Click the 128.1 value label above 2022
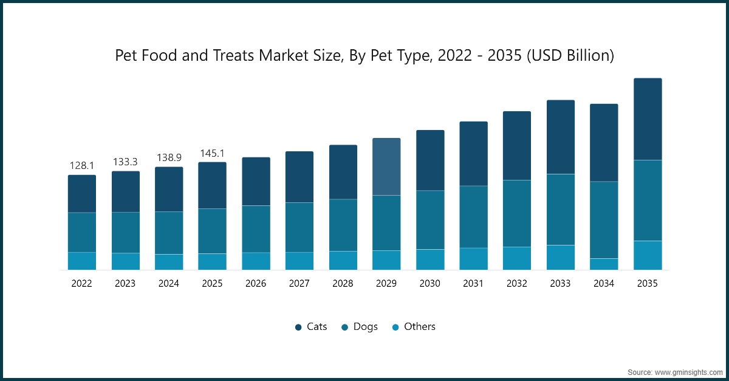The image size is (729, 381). [x=82, y=165]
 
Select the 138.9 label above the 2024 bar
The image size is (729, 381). [x=169, y=157]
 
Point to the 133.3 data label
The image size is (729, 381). [x=125, y=162]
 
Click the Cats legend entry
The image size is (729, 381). [x=310, y=327]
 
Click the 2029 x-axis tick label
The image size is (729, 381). [x=386, y=284]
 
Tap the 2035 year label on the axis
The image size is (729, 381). [x=648, y=284]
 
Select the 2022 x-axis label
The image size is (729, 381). [x=82, y=284]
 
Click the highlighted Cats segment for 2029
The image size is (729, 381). [x=386, y=166]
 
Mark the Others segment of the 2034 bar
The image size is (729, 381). [x=604, y=264]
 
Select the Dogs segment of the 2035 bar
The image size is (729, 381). [x=648, y=201]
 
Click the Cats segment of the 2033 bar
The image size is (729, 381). [x=561, y=137]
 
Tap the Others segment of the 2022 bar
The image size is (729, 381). [x=82, y=261]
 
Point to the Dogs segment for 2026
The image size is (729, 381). [x=256, y=229]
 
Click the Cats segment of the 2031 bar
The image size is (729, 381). [x=473, y=154]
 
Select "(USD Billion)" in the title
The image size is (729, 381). [x=570, y=56]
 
